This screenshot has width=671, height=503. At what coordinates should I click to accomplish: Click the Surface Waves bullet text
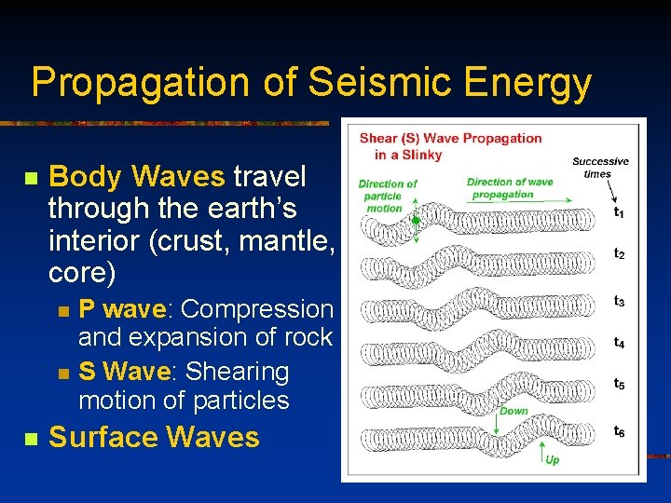pyautogui.click(x=154, y=437)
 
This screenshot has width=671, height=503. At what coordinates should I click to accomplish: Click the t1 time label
pyautogui.click(x=619, y=212)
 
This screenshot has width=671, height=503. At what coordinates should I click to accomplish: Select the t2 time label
pyautogui.click(x=619, y=253)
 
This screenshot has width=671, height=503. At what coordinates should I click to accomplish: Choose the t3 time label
pyautogui.click(x=619, y=301)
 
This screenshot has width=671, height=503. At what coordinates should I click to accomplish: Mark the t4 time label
pyautogui.click(x=619, y=342)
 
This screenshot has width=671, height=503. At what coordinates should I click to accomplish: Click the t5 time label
pyautogui.click(x=619, y=383)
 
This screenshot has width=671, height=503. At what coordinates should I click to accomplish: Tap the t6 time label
pyautogui.click(x=619, y=430)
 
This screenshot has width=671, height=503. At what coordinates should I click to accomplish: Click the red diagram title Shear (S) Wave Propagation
pyautogui.click(x=450, y=146)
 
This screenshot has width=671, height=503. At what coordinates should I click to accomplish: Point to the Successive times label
pyautogui.click(x=599, y=168)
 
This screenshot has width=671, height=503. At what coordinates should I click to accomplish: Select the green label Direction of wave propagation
pyautogui.click(x=509, y=188)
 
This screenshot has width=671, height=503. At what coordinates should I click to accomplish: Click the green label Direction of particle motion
pyautogui.click(x=387, y=196)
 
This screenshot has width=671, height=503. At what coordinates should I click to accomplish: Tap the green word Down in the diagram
pyautogui.click(x=514, y=410)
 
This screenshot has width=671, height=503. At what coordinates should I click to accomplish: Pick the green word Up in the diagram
pyautogui.click(x=552, y=460)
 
